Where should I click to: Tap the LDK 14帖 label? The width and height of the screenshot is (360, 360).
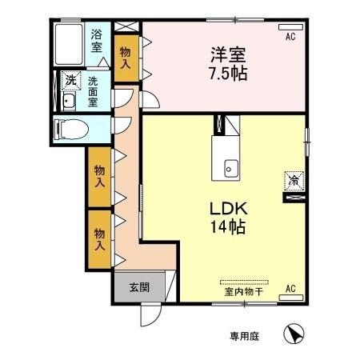(227, 216)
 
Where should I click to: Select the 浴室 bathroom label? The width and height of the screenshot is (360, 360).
(97, 41)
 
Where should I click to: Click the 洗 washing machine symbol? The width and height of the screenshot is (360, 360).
(70, 81)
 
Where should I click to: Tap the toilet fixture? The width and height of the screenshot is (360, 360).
(69, 129)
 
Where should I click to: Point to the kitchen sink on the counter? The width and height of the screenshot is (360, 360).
(230, 169)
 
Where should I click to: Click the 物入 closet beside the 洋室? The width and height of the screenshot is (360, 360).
(126, 58)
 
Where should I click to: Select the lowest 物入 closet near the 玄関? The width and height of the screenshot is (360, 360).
(99, 238)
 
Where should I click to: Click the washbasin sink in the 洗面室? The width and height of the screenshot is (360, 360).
(68, 101)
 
